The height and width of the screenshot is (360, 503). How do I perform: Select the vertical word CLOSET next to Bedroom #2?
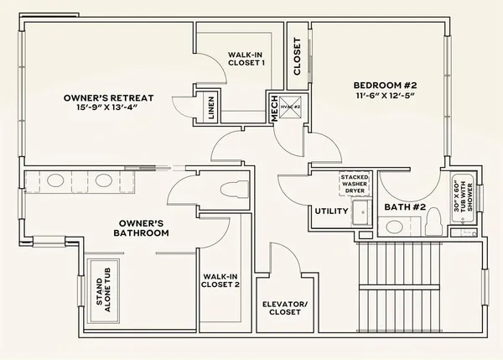297,56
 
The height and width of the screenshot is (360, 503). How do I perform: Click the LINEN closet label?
212,107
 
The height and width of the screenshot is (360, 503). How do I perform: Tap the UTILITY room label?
331,211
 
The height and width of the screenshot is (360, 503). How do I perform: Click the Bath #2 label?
406,206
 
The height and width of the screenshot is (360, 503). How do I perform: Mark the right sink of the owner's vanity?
104,180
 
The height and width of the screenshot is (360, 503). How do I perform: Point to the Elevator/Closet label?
285,310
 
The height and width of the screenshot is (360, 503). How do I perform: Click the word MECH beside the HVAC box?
273,107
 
